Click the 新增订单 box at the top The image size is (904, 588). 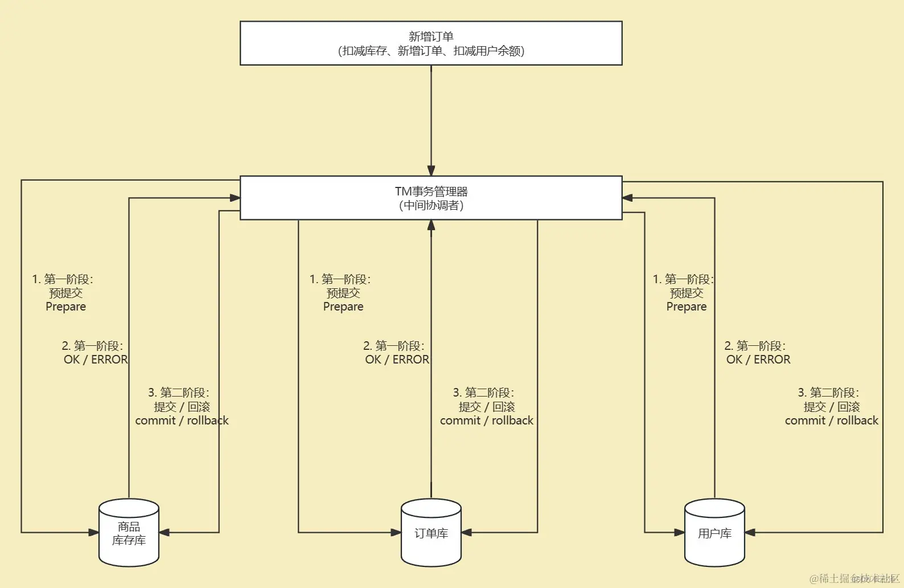(x=431, y=43)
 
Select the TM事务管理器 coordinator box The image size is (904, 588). (x=431, y=198)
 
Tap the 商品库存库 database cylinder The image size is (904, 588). (x=129, y=533)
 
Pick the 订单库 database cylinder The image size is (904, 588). (x=431, y=533)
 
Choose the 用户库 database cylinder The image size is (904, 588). (x=714, y=533)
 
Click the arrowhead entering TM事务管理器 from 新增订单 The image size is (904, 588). (x=431, y=170)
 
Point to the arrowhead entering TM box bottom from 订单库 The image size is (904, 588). (x=431, y=225)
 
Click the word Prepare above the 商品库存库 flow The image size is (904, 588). (x=66, y=307)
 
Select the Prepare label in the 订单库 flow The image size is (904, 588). (x=343, y=307)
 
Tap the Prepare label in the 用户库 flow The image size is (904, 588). (x=687, y=307)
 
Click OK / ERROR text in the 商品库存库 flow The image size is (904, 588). (x=96, y=360)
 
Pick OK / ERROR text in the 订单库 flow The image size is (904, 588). (x=397, y=360)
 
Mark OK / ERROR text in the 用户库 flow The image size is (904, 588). (x=758, y=360)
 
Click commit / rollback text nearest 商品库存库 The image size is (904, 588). (x=182, y=420)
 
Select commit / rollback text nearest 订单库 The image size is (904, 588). (x=487, y=420)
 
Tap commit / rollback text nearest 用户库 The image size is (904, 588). (x=831, y=420)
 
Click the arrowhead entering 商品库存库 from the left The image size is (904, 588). (x=94, y=533)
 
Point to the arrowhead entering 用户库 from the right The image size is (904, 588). (x=750, y=533)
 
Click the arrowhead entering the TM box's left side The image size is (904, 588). (x=235, y=198)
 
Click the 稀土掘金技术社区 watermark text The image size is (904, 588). (x=854, y=579)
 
